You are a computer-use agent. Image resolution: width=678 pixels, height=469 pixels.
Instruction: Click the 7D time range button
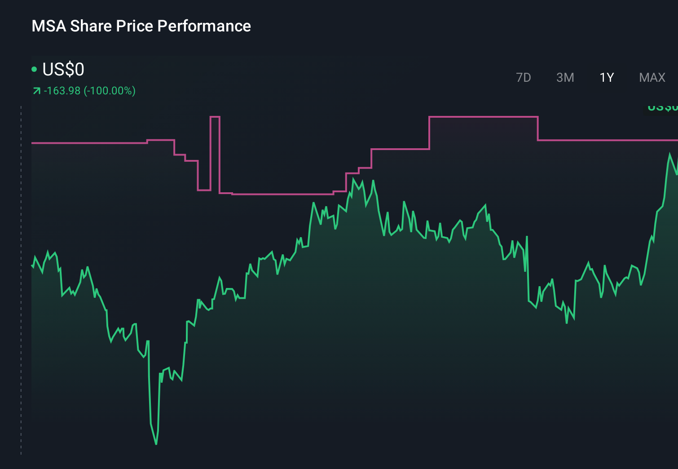pyautogui.click(x=523, y=78)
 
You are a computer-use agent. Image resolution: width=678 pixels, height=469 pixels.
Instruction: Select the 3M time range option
pyautogui.click(x=565, y=78)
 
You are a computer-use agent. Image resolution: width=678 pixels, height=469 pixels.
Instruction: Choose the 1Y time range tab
pyautogui.click(x=607, y=78)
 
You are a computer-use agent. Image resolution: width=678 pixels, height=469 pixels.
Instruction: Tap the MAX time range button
pyautogui.click(x=652, y=78)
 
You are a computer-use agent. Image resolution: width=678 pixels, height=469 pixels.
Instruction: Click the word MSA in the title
pyautogui.click(x=49, y=26)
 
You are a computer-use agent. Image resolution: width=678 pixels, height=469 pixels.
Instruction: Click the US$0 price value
pyautogui.click(x=63, y=70)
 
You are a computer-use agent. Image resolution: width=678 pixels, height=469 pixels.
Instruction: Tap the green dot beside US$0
pyautogui.click(x=34, y=69)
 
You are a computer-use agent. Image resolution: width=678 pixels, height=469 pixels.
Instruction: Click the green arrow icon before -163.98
pyautogui.click(x=36, y=91)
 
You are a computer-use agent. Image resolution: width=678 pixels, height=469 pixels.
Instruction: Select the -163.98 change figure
pyautogui.click(x=62, y=91)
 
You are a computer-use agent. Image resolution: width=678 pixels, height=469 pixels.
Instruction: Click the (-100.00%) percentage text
pyautogui.click(x=110, y=91)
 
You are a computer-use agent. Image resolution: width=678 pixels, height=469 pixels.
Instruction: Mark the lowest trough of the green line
pyautogui.click(x=156, y=443)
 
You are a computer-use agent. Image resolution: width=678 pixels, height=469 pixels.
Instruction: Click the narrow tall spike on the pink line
pyautogui.click(x=215, y=117)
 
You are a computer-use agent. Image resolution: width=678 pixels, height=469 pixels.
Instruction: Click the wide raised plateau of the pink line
pyautogui.click(x=483, y=117)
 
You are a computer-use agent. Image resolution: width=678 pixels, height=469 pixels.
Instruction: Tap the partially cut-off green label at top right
pyautogui.click(x=663, y=108)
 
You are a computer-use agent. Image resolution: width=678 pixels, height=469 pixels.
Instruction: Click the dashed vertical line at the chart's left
pyautogui.click(x=21, y=279)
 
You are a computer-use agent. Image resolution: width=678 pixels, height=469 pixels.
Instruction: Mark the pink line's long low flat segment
pyautogui.click(x=282, y=194)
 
